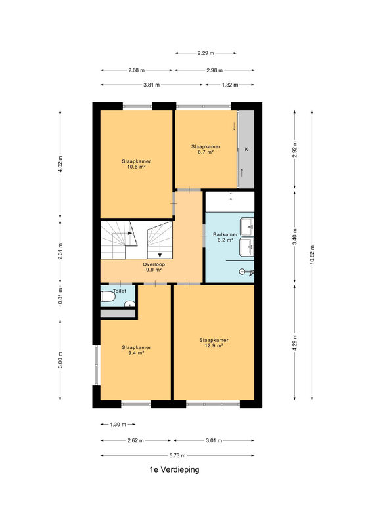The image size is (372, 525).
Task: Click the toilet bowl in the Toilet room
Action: click(x=108, y=297)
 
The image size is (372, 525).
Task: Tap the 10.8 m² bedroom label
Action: click(x=136, y=164)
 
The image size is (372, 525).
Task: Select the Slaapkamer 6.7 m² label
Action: click(x=206, y=150)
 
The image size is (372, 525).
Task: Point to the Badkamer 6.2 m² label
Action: click(x=225, y=237)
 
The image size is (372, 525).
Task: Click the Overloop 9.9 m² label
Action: click(x=154, y=267)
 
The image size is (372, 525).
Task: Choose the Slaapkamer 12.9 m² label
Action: click(x=214, y=343)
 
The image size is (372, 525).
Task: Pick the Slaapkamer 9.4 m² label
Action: click(x=136, y=350)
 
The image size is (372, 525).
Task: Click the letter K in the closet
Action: click(x=246, y=150)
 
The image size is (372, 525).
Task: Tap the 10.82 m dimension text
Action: click(x=312, y=255)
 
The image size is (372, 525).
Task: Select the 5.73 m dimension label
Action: click(x=177, y=455)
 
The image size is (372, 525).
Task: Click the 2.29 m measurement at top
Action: click(x=206, y=53)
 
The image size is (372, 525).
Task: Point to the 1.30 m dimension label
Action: click(x=118, y=424)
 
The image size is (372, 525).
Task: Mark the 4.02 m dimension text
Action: click(x=60, y=164)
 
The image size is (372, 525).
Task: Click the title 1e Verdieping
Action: click(x=174, y=469)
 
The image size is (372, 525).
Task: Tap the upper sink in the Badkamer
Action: click(x=247, y=227)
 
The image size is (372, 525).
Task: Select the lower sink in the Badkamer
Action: click(x=247, y=247)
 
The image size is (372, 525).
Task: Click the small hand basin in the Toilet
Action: click(x=129, y=304)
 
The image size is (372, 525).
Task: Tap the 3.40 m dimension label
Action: click(x=295, y=236)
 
